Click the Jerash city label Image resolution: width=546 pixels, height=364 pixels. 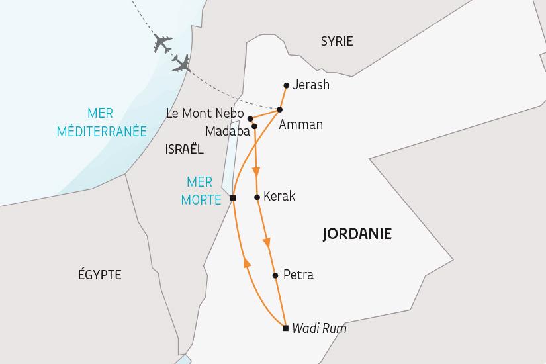[310, 85]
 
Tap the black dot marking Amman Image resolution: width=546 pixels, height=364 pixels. [280, 109]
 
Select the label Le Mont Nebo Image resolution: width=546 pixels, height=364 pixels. [205, 114]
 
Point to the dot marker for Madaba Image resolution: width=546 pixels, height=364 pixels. [254, 126]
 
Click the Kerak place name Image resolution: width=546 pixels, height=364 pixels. [279, 197]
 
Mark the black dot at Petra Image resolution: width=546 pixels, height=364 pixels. [275, 275]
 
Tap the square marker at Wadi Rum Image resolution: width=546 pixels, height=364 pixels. [285, 328]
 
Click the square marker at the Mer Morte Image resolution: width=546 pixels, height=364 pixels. [233, 198]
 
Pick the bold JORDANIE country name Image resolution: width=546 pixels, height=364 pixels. [357, 234]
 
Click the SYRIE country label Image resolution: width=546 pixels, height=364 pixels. [337, 42]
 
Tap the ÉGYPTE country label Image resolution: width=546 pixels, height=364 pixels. [99, 275]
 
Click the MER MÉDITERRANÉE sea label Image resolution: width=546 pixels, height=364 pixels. [102, 122]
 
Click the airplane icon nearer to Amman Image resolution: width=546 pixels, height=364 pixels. [181, 63]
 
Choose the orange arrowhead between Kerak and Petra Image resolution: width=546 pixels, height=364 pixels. [268, 243]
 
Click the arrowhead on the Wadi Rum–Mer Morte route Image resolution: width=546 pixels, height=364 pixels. [247, 263]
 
